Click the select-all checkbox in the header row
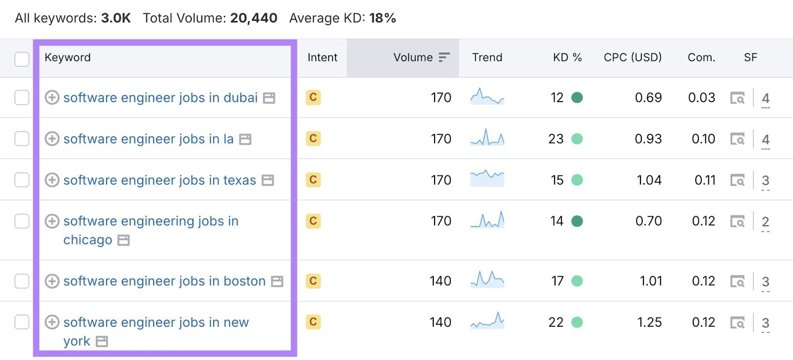[22, 59]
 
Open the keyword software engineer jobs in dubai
[160, 98]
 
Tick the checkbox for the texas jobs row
[22, 180]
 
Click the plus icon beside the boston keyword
[52, 281]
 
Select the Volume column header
[413, 58]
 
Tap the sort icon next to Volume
[444, 58]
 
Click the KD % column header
[567, 58]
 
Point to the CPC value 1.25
[649, 322]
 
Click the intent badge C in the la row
[313, 138]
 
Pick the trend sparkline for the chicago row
[487, 220]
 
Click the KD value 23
[556, 139]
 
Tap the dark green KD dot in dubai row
[577, 98]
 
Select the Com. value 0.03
[701, 98]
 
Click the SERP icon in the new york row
[737, 323]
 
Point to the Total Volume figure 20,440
[253, 18]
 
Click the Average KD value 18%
[382, 18]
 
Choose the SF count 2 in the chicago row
[765, 221]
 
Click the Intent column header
[322, 58]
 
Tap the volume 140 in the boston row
[440, 281]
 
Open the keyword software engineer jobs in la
[148, 139]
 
